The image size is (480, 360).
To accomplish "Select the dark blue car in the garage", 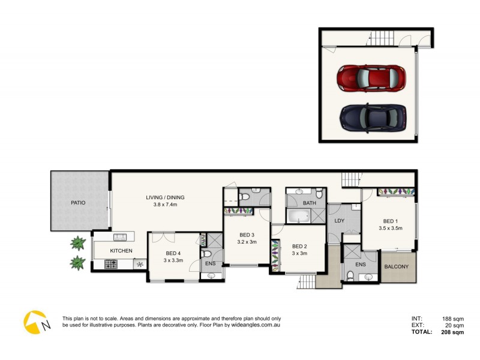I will pyautogui.click(x=372, y=117).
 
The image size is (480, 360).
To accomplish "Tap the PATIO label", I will pyautogui.click(x=78, y=203).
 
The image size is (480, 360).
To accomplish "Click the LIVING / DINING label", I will pyautogui.click(x=165, y=197).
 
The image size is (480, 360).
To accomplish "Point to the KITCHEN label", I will pyautogui.click(x=120, y=251).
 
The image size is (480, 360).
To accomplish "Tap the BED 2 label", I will pyautogui.click(x=299, y=246).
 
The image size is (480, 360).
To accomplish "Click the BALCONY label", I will pyautogui.click(x=396, y=267).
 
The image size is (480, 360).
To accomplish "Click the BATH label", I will pyautogui.click(x=309, y=203).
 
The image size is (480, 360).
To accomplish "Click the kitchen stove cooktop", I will pyautogui.click(x=111, y=263).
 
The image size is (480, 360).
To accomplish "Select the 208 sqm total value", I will pyautogui.click(x=452, y=332).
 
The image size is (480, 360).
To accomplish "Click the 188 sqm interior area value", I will pyautogui.click(x=453, y=319).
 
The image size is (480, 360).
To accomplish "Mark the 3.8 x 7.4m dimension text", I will pyautogui.click(x=165, y=205).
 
